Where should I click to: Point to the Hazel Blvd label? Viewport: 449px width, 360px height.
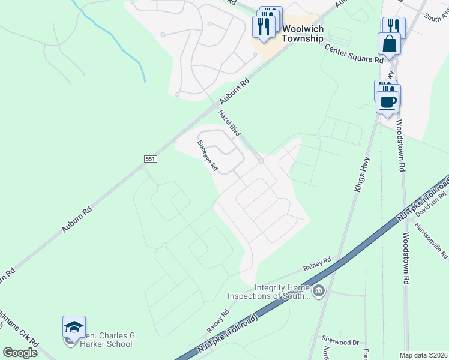coord(229,123)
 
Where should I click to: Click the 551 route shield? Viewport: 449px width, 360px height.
coord(151,159)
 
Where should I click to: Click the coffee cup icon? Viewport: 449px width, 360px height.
coord(388,101)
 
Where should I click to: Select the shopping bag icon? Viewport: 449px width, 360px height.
coord(389,44)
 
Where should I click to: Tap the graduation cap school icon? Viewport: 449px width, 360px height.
coord(74,327)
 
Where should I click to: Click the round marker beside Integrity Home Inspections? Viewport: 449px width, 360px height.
coord(319,292)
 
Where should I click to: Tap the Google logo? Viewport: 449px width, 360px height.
coord(20,352)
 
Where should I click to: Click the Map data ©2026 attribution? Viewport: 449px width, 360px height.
coord(423,355)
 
